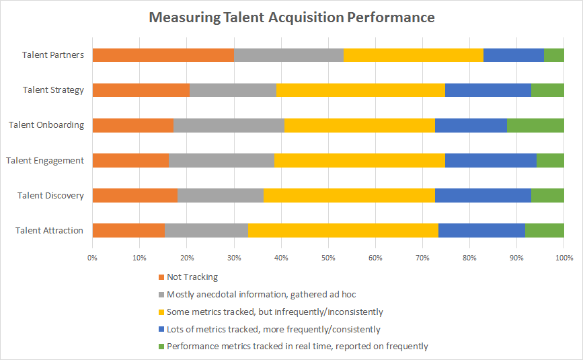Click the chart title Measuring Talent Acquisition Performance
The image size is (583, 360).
click(x=291, y=17)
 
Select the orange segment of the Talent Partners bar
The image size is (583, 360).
click(x=163, y=55)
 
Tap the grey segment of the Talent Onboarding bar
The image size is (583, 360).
click(x=229, y=125)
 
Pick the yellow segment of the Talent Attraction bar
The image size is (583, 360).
click(x=343, y=230)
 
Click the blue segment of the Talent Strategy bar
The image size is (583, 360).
click(x=488, y=90)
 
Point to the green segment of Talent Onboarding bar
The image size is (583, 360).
click(x=535, y=125)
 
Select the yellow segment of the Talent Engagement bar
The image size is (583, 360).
click(x=359, y=160)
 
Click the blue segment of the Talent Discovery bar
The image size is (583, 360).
click(x=483, y=195)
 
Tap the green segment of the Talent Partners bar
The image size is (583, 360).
click(x=553, y=55)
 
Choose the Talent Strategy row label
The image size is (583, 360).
click(x=53, y=90)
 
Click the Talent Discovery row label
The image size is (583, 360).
click(x=52, y=195)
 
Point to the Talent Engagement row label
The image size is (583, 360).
click(x=45, y=160)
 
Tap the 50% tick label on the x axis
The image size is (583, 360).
click(x=328, y=258)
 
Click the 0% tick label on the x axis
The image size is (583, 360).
click(x=93, y=258)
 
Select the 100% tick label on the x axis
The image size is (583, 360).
click(x=563, y=258)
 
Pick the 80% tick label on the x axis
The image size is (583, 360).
click(x=469, y=258)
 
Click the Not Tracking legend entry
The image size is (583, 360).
click(x=192, y=277)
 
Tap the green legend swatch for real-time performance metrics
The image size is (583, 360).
click(x=161, y=347)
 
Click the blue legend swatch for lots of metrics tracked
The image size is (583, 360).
click(x=161, y=329)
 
